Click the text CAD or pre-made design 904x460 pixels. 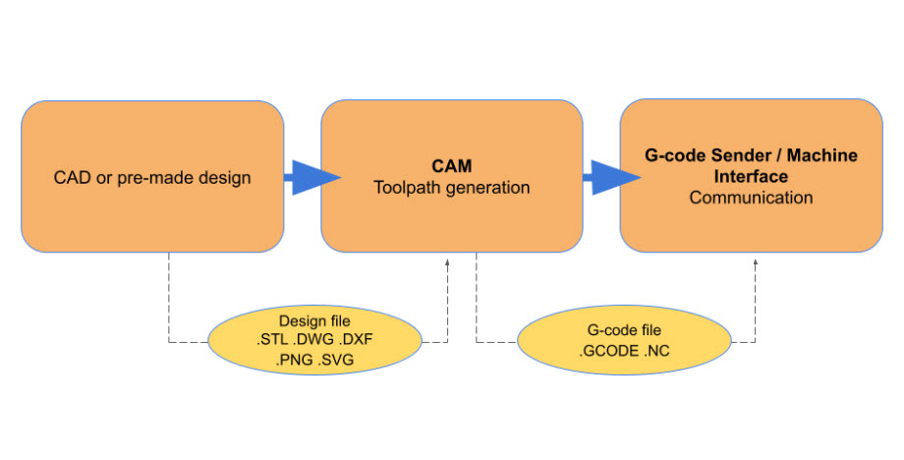pyautogui.click(x=152, y=178)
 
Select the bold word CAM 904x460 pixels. pyautogui.click(x=452, y=166)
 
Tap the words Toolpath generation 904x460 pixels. pyautogui.click(x=452, y=187)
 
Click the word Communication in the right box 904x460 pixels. pyautogui.click(x=751, y=198)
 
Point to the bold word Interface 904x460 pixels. pyautogui.click(x=751, y=177)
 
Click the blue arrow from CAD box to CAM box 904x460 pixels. pyautogui.click(x=311, y=178)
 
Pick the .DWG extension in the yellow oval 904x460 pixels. pyautogui.click(x=316, y=341)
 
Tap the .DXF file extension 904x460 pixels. pyautogui.click(x=359, y=341)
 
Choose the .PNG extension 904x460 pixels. pyautogui.click(x=294, y=361)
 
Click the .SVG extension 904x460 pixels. pyautogui.click(x=336, y=361)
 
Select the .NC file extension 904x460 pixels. pyautogui.click(x=656, y=350)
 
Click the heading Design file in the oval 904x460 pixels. pyautogui.click(x=315, y=321)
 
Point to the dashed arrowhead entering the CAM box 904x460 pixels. pyautogui.click(x=448, y=264)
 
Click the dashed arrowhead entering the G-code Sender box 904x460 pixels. pyautogui.click(x=755, y=264)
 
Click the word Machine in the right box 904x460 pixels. pyautogui.click(x=812, y=156)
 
